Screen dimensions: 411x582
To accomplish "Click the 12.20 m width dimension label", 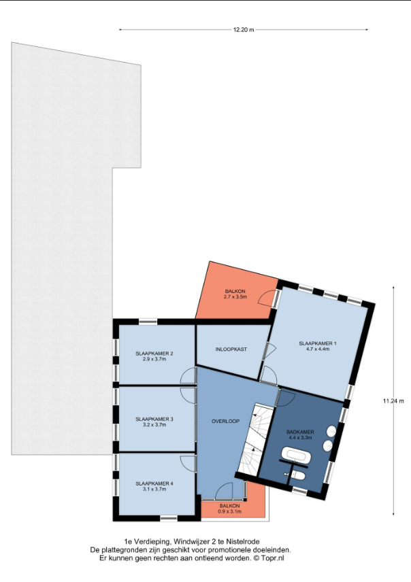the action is pyautogui.click(x=244, y=30).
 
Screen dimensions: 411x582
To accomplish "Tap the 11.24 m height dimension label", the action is pyautogui.click(x=393, y=401).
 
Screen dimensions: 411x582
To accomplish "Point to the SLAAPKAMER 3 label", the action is pyautogui.click(x=154, y=420).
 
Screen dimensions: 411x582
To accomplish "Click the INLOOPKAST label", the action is pyautogui.click(x=231, y=349).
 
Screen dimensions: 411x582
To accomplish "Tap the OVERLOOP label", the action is pyautogui.click(x=225, y=422).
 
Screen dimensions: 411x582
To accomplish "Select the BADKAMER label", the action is pyautogui.click(x=300, y=432).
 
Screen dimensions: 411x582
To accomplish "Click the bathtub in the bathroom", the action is pyautogui.click(x=295, y=456).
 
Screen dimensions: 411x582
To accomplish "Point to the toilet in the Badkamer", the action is pyautogui.click(x=297, y=475).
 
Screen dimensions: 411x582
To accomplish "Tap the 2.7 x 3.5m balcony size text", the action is pyautogui.click(x=235, y=297).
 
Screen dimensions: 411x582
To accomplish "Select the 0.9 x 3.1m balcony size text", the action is pyautogui.click(x=229, y=511).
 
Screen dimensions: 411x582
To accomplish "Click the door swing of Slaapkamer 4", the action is pyautogui.click(x=188, y=463).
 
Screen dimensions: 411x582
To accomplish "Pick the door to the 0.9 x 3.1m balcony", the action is pyautogui.click(x=224, y=491).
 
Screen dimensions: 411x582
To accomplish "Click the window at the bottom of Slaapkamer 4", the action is pyautogui.click(x=169, y=518).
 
